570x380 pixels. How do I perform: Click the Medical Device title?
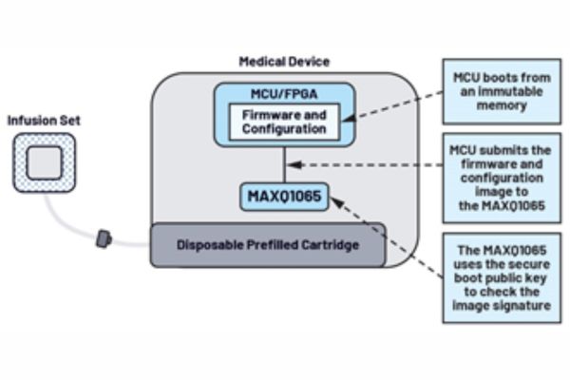(x=283, y=62)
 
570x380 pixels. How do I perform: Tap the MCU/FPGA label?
(x=284, y=96)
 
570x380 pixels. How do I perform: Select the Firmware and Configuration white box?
(x=284, y=122)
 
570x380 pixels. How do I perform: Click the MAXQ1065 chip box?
(x=283, y=198)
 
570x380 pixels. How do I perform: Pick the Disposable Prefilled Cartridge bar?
(x=268, y=244)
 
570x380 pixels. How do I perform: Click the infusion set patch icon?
(x=44, y=163)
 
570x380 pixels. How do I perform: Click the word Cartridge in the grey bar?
(x=325, y=244)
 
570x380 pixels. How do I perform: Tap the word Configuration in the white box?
(x=284, y=128)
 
